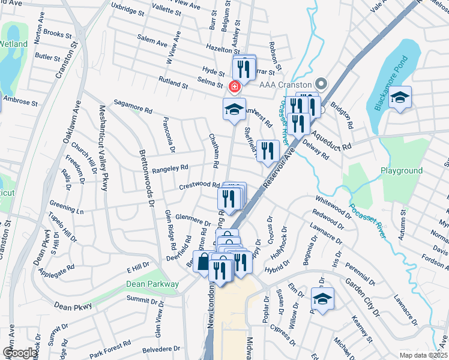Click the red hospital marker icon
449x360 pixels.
(234, 88)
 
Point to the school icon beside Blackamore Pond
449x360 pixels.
(399, 97)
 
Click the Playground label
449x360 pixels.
(402, 171)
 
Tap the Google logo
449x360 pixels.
(19, 353)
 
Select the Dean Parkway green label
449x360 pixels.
(152, 284)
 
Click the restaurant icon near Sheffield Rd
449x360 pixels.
(268, 150)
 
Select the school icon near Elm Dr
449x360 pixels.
(323, 299)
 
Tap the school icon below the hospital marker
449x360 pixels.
(235, 109)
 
